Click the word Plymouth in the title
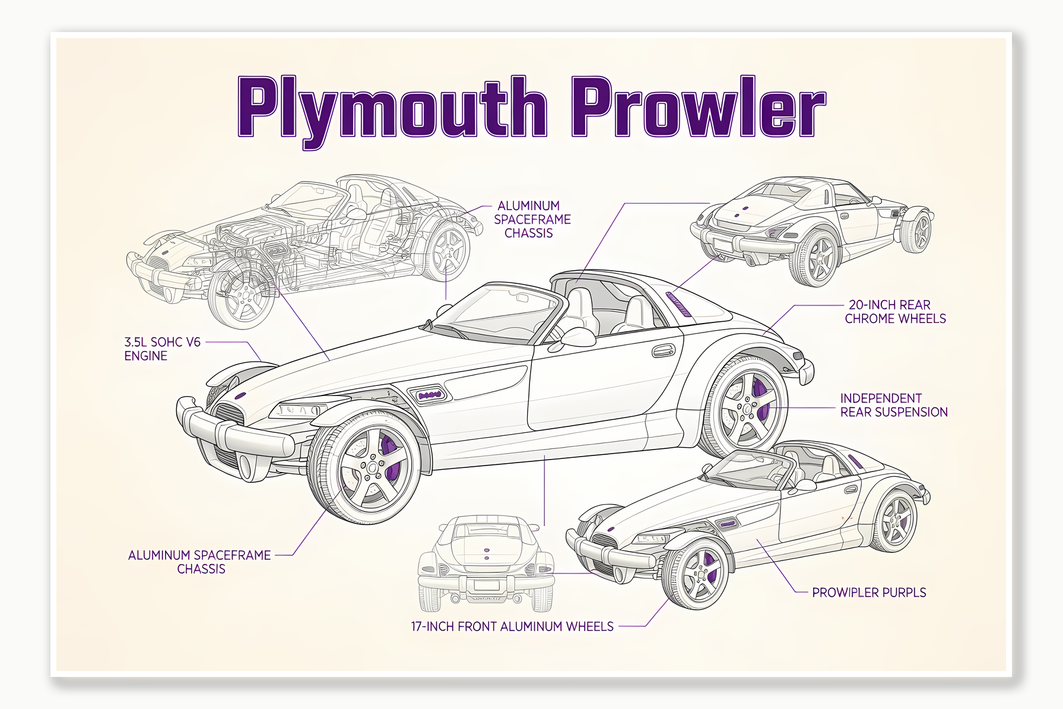392,107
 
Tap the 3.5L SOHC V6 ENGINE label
162,349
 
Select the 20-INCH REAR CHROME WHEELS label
895,312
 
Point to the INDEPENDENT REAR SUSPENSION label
893,405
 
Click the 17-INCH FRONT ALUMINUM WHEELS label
512,626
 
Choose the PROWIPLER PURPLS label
868,593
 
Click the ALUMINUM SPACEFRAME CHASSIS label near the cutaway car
532,219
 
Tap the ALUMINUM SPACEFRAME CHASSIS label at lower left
200,562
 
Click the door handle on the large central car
663,351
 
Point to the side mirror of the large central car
577,337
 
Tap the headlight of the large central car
297,410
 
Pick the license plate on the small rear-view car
486,585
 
